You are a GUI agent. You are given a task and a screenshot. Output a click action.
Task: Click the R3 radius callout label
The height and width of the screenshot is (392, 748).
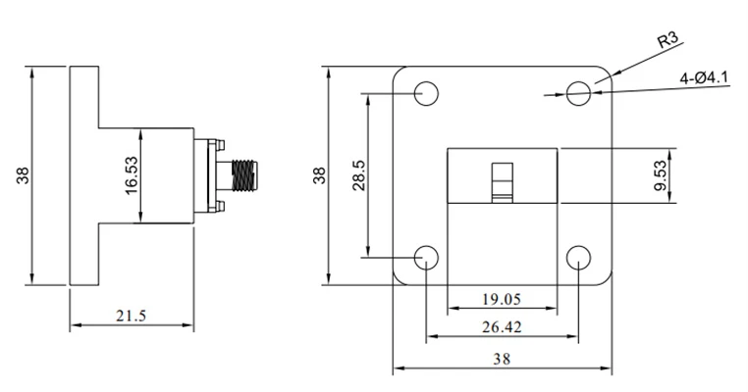668,39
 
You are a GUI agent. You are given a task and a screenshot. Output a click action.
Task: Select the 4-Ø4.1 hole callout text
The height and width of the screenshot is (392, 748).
705,77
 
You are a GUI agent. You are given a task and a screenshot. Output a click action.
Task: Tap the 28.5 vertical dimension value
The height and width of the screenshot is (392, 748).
359,175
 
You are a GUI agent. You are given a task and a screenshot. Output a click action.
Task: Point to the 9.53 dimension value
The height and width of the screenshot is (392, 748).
661,175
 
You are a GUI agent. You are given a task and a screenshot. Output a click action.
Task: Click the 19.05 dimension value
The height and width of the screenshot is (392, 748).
502,300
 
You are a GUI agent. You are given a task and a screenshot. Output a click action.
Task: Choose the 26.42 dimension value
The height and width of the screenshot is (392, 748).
502,327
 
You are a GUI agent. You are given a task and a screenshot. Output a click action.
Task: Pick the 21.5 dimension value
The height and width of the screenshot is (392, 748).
132,316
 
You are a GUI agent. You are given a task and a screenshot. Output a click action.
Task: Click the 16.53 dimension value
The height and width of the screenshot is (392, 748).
132,175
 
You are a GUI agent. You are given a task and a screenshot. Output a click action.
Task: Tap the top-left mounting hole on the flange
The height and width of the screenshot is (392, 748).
426,93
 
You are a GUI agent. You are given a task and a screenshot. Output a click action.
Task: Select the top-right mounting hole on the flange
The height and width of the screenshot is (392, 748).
578,93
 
